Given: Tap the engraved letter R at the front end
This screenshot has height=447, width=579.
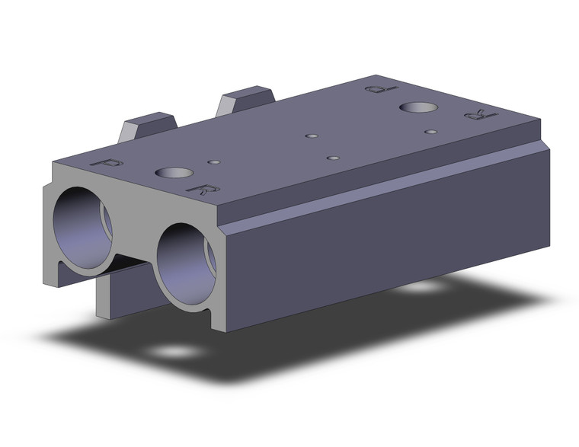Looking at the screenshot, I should (203, 189).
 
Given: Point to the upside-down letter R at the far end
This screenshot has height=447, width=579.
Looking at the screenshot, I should (475, 116).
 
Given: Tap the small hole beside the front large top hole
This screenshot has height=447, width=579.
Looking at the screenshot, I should (215, 162).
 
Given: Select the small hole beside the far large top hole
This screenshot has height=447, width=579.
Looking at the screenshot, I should (431, 132).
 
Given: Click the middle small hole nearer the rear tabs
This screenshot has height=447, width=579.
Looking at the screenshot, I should (311, 136).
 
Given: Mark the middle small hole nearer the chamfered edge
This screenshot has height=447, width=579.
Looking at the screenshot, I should (332, 158).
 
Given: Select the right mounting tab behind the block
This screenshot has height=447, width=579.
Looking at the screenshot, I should (245, 101).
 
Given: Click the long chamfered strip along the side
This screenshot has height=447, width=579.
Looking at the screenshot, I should (381, 187).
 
